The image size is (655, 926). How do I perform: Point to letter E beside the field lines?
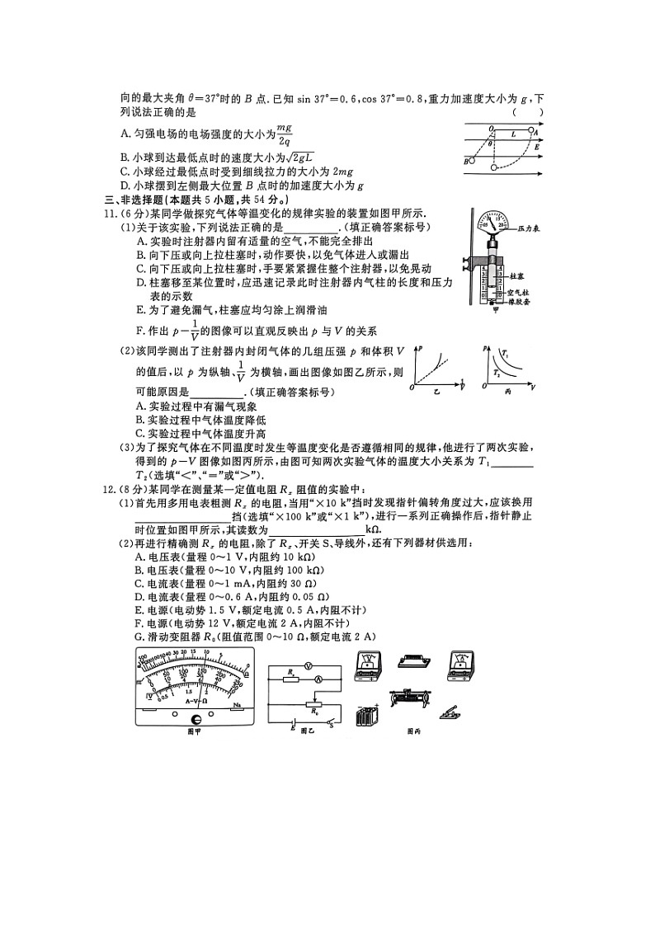click(537, 147)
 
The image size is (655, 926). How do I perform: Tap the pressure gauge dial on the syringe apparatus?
click(495, 224)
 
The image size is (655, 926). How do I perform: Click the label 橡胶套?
click(519, 302)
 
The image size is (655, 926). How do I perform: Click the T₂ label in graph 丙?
click(496, 373)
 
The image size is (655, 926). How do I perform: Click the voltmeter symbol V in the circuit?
click(307, 664)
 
